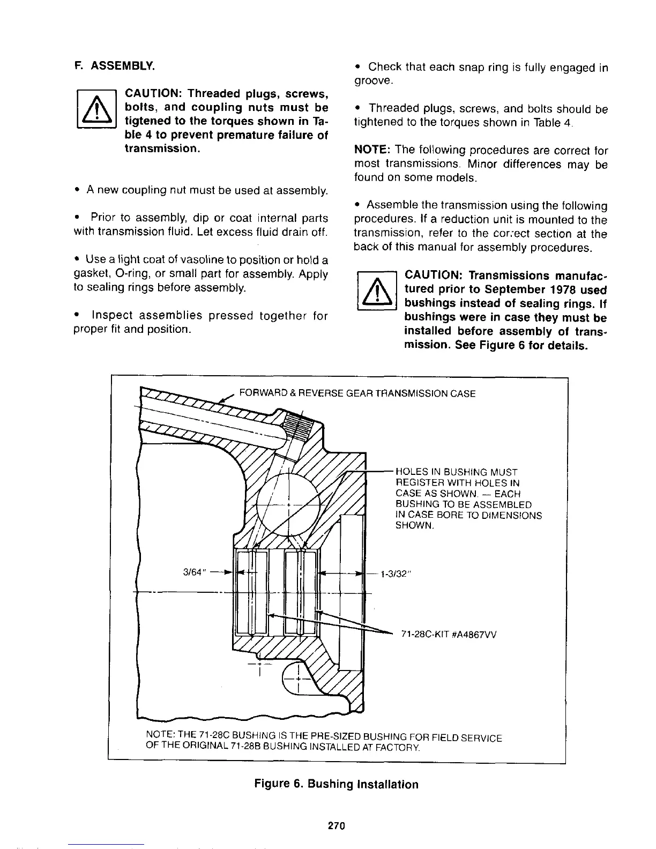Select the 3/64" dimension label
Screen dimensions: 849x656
pyautogui.click(x=195, y=571)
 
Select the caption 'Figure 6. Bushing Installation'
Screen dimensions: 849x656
pyautogui.click(x=336, y=784)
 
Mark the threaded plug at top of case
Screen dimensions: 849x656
pyautogui.click(x=297, y=422)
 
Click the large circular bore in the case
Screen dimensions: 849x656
pyautogui.click(x=288, y=505)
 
